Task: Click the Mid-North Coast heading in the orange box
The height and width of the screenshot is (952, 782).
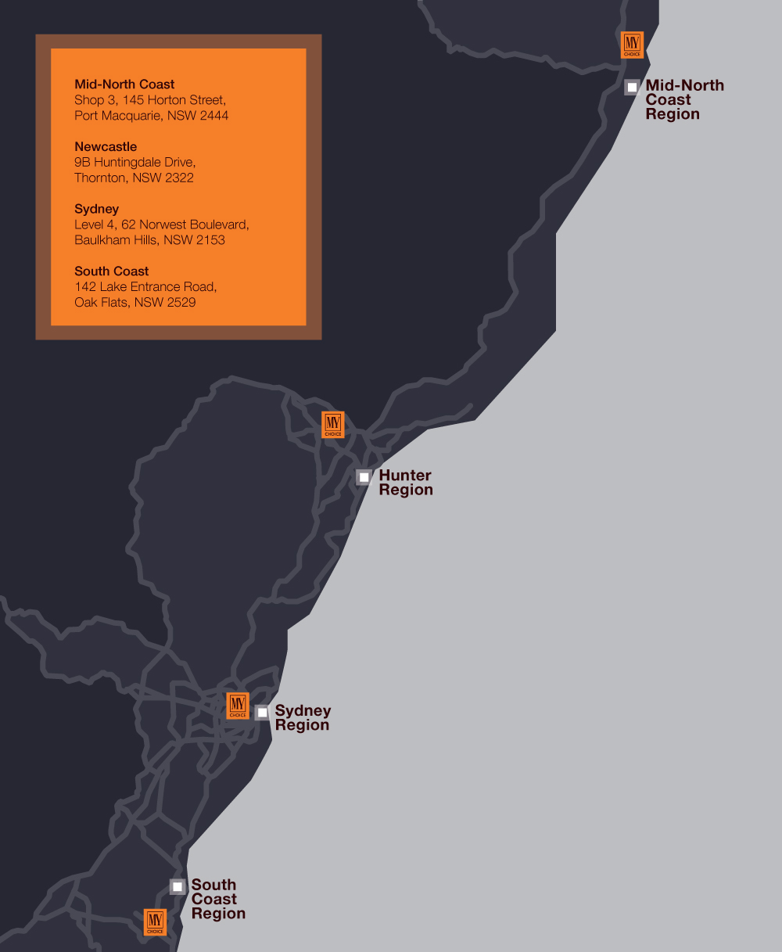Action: (x=124, y=84)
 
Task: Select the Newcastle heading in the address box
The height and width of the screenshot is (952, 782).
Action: (x=106, y=147)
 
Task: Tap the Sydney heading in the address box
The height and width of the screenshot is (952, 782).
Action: (x=97, y=209)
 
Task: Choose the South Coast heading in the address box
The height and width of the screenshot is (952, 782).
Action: (x=112, y=271)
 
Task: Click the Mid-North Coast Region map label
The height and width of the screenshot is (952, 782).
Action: (x=684, y=99)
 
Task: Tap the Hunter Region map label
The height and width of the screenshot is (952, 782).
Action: (x=405, y=483)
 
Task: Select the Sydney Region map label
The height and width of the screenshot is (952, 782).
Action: (x=303, y=718)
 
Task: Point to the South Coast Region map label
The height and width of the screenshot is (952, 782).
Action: (x=217, y=899)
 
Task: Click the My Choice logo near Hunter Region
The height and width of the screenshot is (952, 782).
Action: (x=333, y=424)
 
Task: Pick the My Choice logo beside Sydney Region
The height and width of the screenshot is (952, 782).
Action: (x=237, y=706)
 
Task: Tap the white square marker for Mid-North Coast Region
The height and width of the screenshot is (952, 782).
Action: (x=632, y=87)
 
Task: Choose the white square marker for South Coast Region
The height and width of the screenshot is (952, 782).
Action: (x=178, y=886)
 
